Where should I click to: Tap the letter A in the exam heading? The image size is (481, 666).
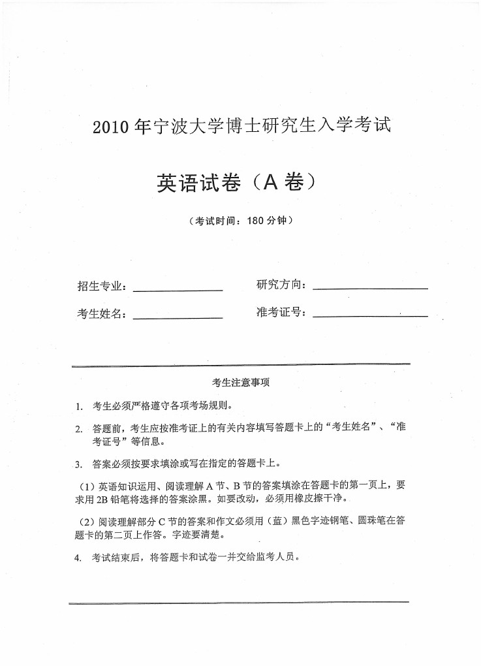point(272,181)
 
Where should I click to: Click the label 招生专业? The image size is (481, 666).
point(101,286)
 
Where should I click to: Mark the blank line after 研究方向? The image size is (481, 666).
point(370,288)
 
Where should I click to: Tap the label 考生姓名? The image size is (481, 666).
point(101,314)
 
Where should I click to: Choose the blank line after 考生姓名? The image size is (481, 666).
point(178,317)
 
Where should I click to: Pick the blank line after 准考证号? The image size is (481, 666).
point(370,316)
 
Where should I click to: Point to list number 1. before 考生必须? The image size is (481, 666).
point(78,407)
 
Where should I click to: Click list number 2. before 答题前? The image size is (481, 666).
point(78,429)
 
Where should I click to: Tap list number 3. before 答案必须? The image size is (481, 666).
point(78,465)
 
